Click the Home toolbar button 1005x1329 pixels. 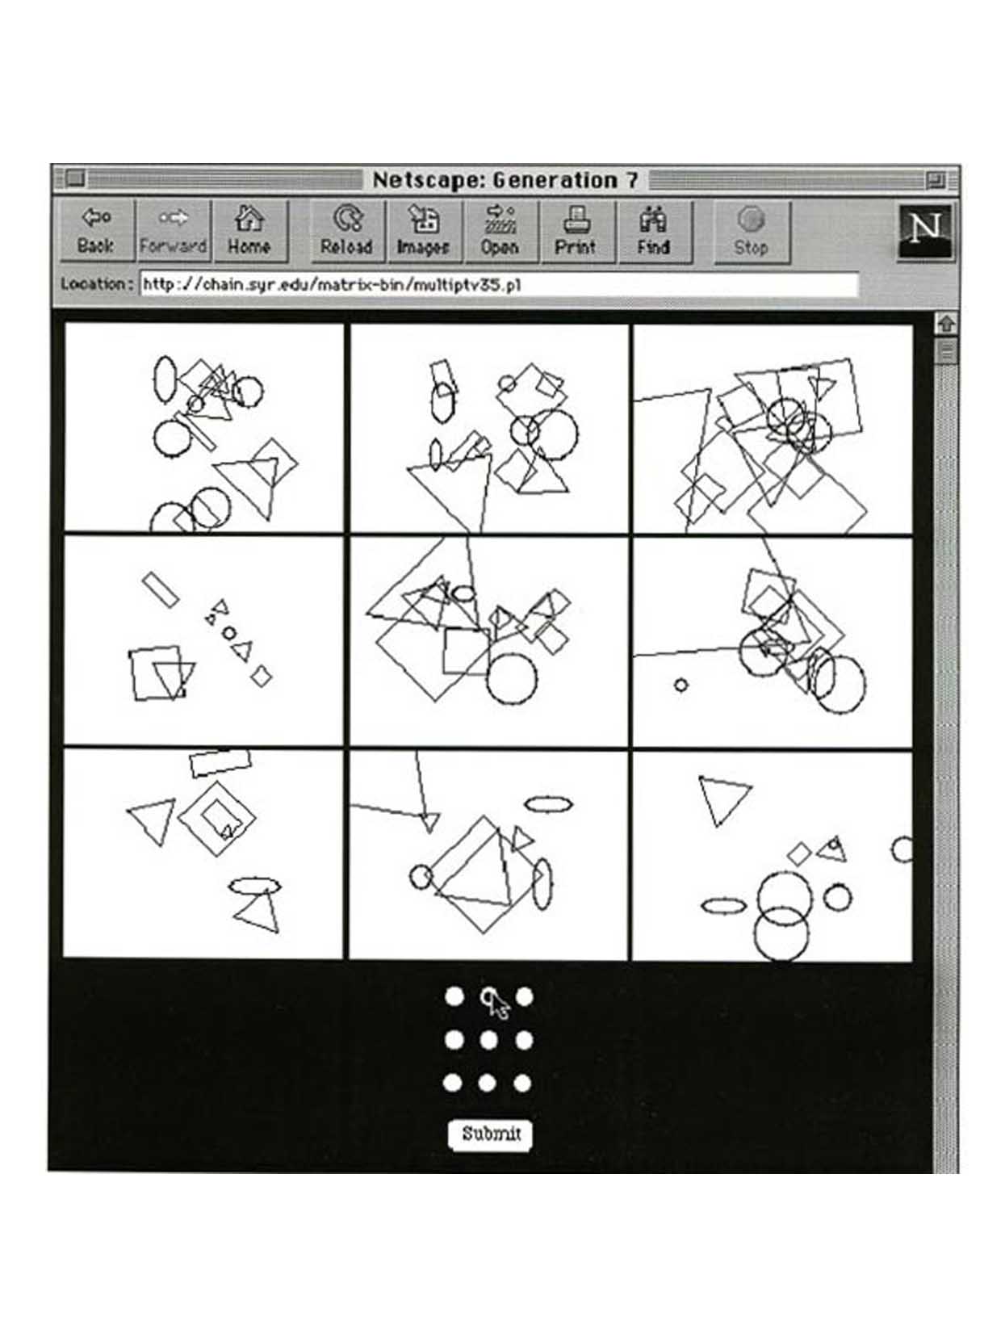click(249, 231)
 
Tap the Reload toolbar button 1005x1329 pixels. click(346, 232)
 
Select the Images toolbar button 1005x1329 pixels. click(424, 232)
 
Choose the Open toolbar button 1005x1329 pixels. click(500, 232)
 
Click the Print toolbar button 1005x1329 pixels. click(576, 232)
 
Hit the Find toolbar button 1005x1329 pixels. click(654, 232)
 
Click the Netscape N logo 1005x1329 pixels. click(924, 231)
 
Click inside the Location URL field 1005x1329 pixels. click(499, 284)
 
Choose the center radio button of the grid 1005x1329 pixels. click(488, 1040)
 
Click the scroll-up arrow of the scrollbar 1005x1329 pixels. click(946, 324)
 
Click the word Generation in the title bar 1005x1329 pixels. click(555, 180)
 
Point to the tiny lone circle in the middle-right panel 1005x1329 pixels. click(680, 685)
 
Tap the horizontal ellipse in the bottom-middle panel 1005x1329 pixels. click(548, 804)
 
